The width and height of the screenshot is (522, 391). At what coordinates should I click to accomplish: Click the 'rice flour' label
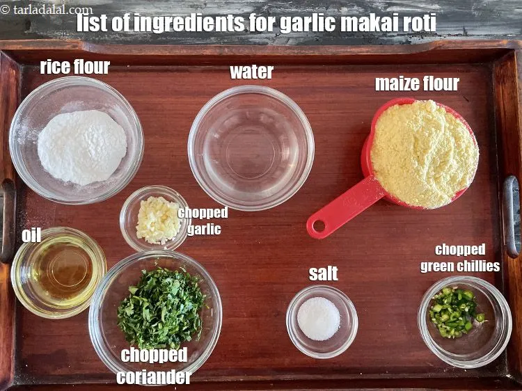(74, 67)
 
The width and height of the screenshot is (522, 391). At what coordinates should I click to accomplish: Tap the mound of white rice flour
(82, 147)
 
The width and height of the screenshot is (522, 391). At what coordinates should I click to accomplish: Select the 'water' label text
(251, 72)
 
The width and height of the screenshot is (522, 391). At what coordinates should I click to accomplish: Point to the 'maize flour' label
(417, 84)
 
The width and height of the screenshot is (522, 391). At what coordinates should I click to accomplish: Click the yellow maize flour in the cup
(425, 154)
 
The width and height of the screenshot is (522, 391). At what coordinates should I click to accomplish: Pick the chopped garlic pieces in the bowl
(157, 220)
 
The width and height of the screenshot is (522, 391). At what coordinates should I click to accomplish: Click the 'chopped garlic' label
(203, 221)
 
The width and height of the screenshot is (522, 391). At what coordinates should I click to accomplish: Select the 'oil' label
(31, 235)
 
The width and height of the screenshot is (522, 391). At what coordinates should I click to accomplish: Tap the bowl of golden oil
(59, 270)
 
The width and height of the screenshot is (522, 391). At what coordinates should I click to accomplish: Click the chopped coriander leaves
(161, 307)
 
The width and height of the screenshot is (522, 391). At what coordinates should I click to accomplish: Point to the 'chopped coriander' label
(155, 366)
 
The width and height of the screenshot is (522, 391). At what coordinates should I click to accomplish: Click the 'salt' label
(324, 273)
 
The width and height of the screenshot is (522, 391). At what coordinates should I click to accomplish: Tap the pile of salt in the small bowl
(319, 319)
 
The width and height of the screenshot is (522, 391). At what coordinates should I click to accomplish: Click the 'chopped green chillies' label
(460, 257)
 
